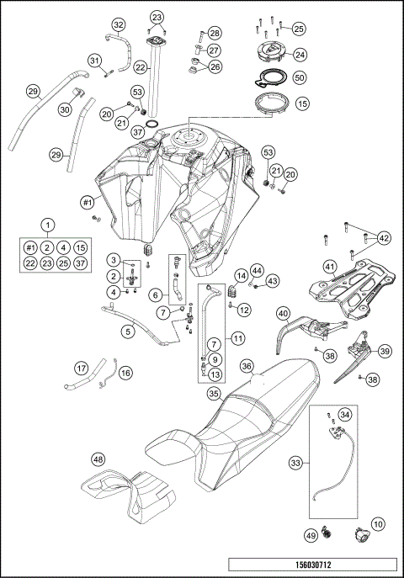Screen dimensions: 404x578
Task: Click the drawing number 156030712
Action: pos(313,565)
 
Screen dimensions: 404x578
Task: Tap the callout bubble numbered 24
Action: pos(300,55)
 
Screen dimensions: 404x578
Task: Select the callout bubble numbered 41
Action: pos(330,266)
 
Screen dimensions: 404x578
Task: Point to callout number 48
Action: pos(98,459)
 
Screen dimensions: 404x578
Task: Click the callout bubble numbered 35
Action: pos(214,394)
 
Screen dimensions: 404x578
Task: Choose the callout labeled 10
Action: pos(378,524)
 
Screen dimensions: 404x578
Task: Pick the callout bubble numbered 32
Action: pos(118,25)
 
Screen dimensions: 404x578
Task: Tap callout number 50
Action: pos(300,77)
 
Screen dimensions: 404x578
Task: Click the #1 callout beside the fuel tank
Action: pos(87,202)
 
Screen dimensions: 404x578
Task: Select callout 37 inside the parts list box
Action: pos(81,263)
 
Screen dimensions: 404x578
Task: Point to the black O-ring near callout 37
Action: pos(152,124)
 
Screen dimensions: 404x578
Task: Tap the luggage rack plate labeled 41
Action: pos(352,288)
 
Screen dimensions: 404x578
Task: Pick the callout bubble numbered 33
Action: pos(295,463)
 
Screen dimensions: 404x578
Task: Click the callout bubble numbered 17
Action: pos(81,368)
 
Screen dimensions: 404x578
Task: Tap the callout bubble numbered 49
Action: pos(311,535)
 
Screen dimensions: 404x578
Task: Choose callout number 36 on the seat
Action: pos(247,367)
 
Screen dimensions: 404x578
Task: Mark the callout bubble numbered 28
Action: pos(214,33)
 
